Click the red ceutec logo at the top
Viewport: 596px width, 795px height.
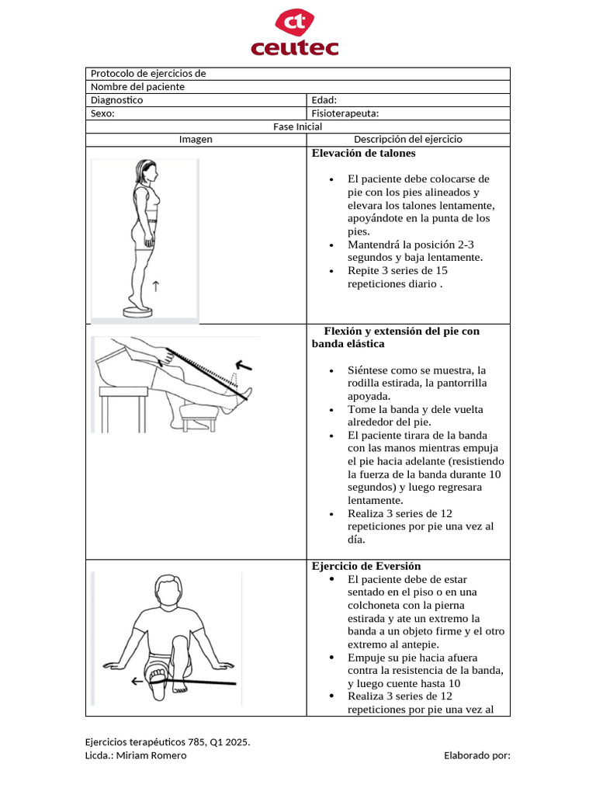pyautogui.click(x=294, y=33)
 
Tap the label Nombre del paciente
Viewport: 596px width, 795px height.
pyautogui.click(x=137, y=87)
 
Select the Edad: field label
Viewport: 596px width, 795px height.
pyautogui.click(x=324, y=100)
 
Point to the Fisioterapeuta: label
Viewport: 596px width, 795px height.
pyautogui.click(x=345, y=113)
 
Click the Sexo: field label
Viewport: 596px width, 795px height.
pyautogui.click(x=102, y=113)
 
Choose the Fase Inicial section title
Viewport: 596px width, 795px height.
pyautogui.click(x=297, y=127)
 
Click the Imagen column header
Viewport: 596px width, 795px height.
pyautogui.click(x=196, y=140)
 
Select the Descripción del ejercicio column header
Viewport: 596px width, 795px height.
pyautogui.click(x=407, y=140)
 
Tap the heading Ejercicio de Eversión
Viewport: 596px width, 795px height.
pyautogui.click(x=366, y=565)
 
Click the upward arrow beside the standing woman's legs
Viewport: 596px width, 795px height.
pyautogui.click(x=156, y=286)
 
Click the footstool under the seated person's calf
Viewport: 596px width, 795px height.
pyautogui.click(x=197, y=415)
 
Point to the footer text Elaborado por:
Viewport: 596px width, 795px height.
pyautogui.click(x=476, y=755)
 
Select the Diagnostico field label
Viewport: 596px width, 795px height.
pyautogui.click(x=116, y=100)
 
